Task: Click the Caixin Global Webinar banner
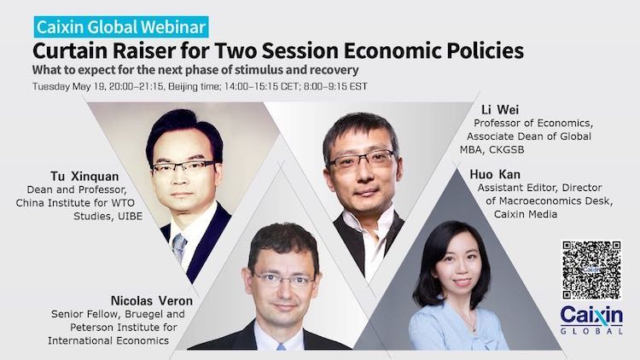click(x=121, y=27)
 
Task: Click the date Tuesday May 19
click(x=69, y=86)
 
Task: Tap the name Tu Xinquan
click(x=84, y=177)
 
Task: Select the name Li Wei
click(x=500, y=109)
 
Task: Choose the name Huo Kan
click(x=495, y=174)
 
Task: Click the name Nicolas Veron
click(x=152, y=301)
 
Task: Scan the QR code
click(x=592, y=270)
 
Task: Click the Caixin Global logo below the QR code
click(x=592, y=320)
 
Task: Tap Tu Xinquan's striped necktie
click(x=179, y=247)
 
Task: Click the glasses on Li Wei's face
click(x=362, y=159)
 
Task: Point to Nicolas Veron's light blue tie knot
click(x=282, y=347)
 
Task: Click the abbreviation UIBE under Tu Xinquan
click(x=130, y=217)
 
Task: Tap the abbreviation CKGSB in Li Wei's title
click(x=506, y=150)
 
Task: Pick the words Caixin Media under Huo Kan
click(x=526, y=214)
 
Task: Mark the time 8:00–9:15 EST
click(x=335, y=86)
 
